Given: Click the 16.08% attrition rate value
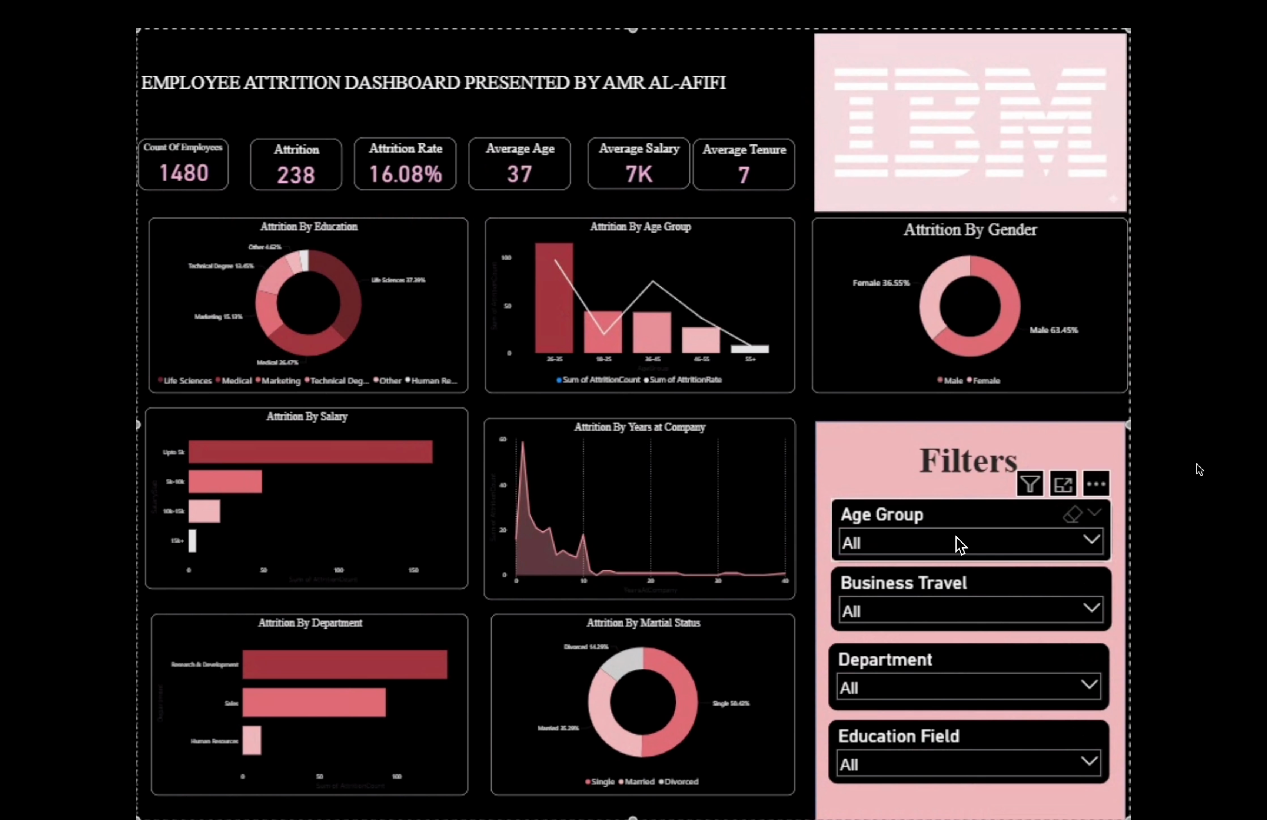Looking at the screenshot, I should point(405,174).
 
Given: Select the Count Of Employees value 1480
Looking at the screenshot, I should point(184,173).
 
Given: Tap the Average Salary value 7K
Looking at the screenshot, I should point(638,174).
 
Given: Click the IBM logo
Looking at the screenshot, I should point(970,122).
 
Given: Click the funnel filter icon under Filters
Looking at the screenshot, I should point(1030,484).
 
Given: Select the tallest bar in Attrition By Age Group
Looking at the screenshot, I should point(553,298).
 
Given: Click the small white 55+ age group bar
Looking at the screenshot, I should point(749,349).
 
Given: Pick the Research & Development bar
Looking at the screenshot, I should point(345,664).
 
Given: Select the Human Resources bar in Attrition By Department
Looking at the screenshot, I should point(252,740).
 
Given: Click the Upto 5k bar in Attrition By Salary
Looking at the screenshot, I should point(310,452).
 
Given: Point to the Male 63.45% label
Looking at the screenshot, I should point(1054,330).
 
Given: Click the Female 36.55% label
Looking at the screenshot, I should point(881,283).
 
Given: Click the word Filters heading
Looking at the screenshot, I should point(968,460).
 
